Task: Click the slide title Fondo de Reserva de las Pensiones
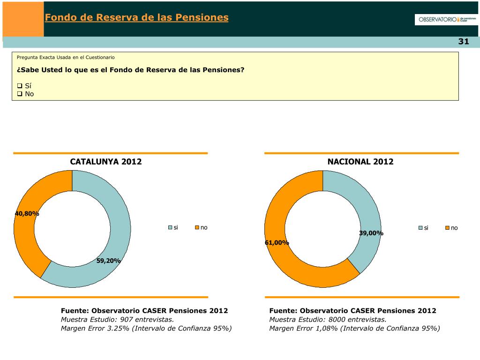click(x=136, y=18)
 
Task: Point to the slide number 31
click(x=463, y=42)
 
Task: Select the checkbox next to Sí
click(x=20, y=86)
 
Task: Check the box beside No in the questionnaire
click(x=20, y=94)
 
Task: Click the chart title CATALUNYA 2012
click(x=106, y=162)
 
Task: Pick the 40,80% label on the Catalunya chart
click(x=27, y=214)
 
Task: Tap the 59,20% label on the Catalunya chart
click(x=109, y=261)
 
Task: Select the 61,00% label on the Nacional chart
click(x=277, y=243)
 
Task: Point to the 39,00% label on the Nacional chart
click(x=371, y=233)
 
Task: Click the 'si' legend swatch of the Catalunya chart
click(x=171, y=228)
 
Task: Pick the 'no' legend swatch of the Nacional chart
click(x=447, y=228)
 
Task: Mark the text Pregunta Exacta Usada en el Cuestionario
click(x=66, y=57)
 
